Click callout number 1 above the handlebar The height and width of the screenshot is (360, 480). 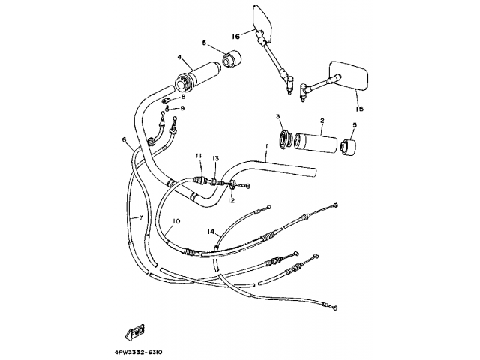[265, 148]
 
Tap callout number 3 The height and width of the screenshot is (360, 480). [277, 117]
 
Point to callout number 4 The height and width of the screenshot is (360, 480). [180, 57]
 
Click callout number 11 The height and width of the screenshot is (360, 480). [199, 156]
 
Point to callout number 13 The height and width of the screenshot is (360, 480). [215, 158]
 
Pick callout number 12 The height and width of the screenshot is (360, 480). [232, 200]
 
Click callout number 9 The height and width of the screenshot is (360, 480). [181, 108]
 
